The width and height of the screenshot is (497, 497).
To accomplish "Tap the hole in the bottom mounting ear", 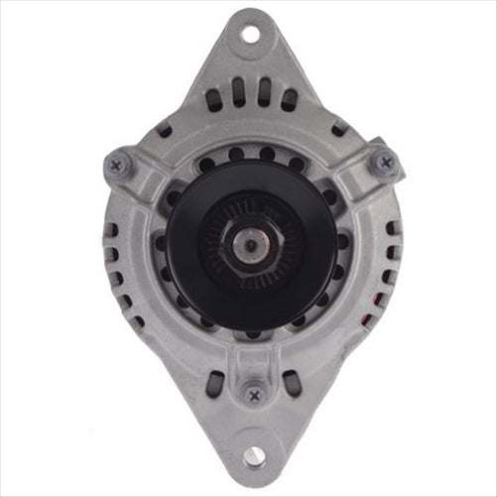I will [253, 455].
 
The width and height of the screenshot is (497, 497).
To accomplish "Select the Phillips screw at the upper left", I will [116, 166].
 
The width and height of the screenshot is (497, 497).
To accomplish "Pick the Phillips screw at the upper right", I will [385, 163].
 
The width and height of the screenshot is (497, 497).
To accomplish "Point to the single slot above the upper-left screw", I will [164, 130].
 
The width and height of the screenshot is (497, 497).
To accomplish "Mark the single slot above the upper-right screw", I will [339, 129].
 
